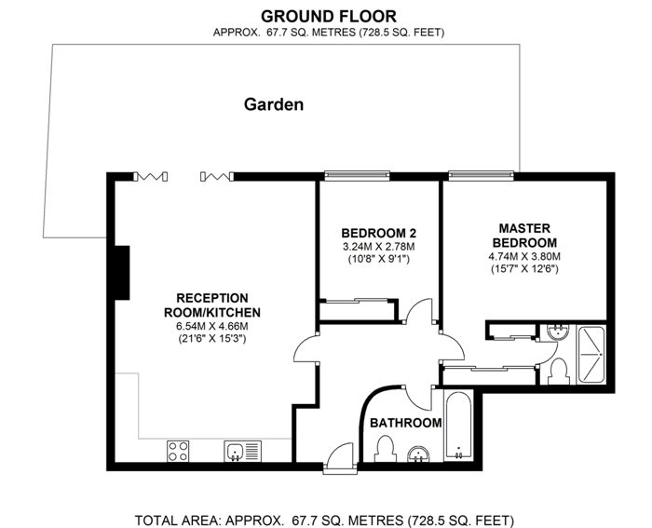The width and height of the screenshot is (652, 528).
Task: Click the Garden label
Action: [x=274, y=104]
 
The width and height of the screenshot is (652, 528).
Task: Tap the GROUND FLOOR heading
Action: [x=329, y=17]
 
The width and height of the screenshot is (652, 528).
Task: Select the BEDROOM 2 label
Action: [x=379, y=233]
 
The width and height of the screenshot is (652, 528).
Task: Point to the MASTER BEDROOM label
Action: [x=524, y=236]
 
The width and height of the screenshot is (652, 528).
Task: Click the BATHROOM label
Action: [x=406, y=423]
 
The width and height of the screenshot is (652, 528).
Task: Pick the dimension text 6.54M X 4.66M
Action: [x=212, y=326]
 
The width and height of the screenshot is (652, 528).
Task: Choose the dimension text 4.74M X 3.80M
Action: [x=524, y=256]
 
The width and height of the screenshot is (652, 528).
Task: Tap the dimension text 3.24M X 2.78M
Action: [x=379, y=247]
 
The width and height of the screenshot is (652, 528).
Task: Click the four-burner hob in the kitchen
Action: [x=178, y=451]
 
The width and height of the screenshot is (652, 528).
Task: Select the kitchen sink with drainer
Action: [x=243, y=451]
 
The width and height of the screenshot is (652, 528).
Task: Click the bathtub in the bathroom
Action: [x=458, y=425]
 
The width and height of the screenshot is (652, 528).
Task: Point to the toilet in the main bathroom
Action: [x=385, y=449]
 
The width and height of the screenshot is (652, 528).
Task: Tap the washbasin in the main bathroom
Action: [x=418, y=454]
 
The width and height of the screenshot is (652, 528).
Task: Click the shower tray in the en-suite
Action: [x=591, y=354]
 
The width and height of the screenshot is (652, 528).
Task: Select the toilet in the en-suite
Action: [x=558, y=372]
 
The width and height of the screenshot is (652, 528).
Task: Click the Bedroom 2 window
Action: [x=357, y=176]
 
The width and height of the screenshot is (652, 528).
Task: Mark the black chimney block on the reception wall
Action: [x=122, y=273]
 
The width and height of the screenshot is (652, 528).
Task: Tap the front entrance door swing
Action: [x=341, y=458]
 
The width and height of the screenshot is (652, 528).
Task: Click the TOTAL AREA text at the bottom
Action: [x=324, y=521]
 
